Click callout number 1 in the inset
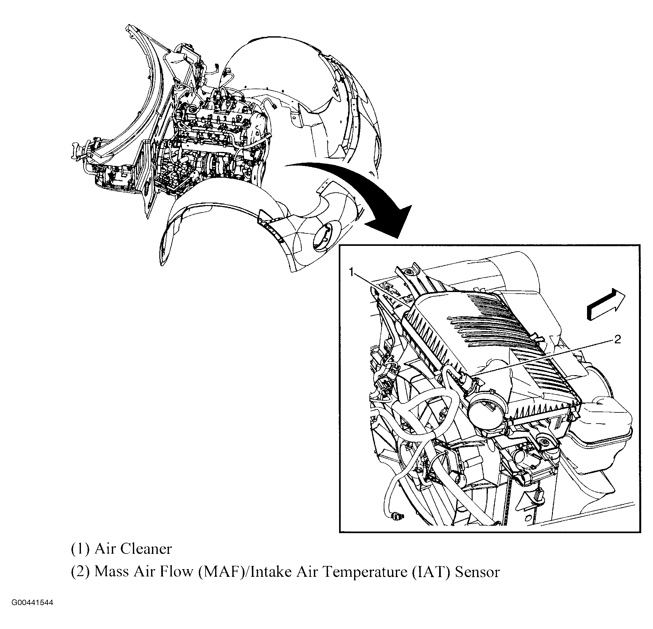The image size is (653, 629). pos(352,273)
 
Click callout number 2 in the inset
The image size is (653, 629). pos(617,340)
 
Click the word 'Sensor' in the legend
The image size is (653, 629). pos(477,572)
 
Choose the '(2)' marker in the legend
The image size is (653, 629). pos(80,572)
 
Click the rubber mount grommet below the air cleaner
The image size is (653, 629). pos(545,443)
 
